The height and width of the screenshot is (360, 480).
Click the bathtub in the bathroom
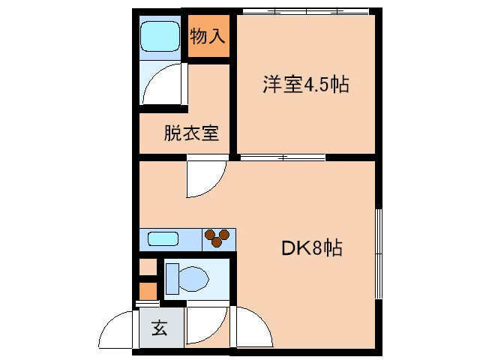[159, 35]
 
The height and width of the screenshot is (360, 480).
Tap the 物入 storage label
[208, 36]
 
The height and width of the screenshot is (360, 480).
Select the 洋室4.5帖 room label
[304, 85]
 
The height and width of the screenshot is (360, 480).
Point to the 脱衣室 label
[191, 133]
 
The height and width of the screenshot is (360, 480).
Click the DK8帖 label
[312, 248]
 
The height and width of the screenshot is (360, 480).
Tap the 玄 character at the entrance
[160, 328]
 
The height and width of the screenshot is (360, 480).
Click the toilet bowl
[193, 280]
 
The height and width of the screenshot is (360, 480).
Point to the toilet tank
[172, 280]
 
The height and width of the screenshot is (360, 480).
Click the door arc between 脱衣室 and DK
[203, 176]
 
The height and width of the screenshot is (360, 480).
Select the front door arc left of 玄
[120, 330]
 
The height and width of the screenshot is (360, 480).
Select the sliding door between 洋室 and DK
[283, 157]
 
